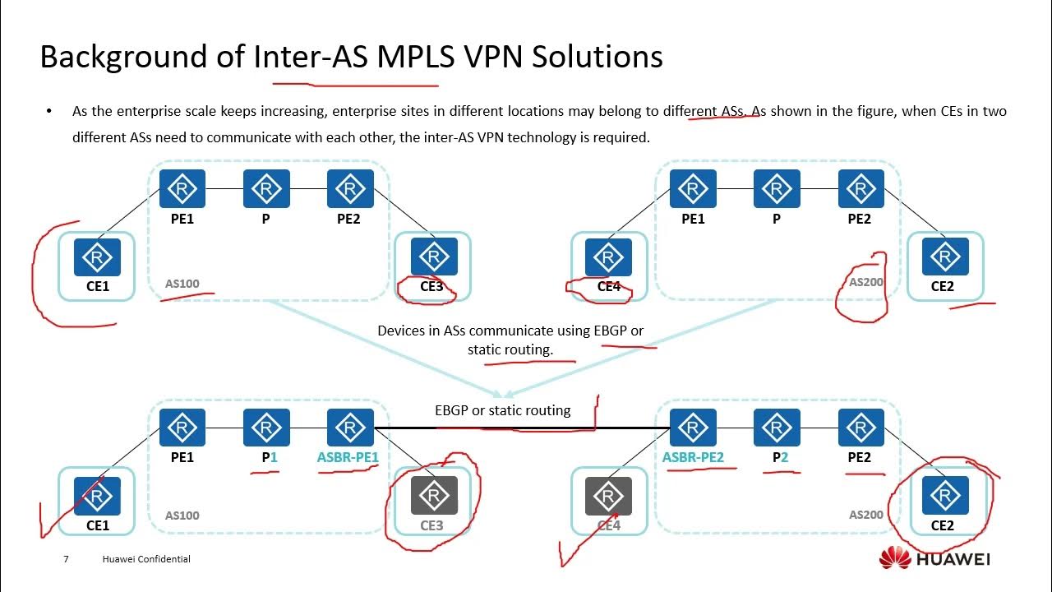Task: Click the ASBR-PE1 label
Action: (348, 457)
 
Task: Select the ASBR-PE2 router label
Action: (693, 457)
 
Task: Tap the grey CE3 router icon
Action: (433, 496)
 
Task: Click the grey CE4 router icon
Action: (608, 496)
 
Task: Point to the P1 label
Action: (270, 457)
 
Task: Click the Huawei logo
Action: (934, 559)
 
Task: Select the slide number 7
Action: (66, 559)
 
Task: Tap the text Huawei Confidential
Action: (146, 559)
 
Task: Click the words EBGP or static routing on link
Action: (502, 409)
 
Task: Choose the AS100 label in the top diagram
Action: (182, 284)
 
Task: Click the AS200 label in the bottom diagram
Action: (865, 515)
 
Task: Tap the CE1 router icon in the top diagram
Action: (97, 257)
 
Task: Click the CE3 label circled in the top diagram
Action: (431, 287)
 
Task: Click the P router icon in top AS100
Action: (266, 189)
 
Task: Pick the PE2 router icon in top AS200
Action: (861, 189)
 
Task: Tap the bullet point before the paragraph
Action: (49, 111)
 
